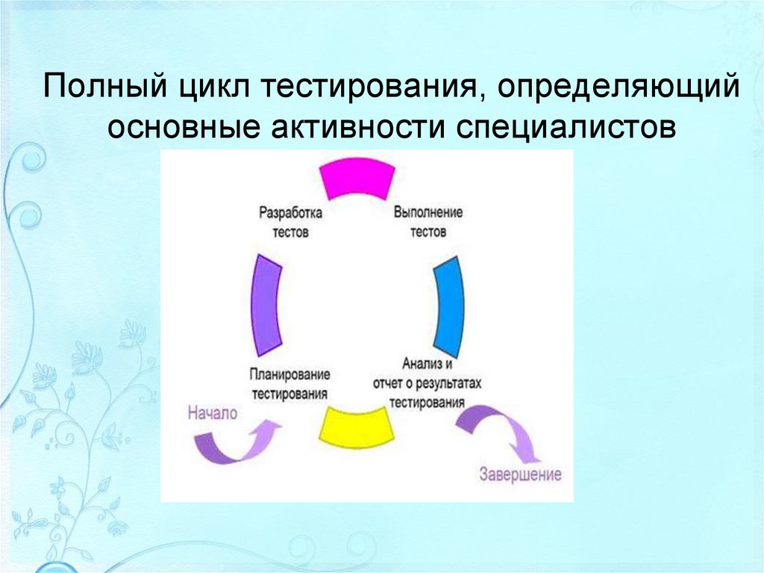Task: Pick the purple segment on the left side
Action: (x=265, y=306)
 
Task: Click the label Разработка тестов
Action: (x=290, y=223)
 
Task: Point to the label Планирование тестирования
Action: (x=289, y=382)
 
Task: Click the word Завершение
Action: (x=521, y=474)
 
